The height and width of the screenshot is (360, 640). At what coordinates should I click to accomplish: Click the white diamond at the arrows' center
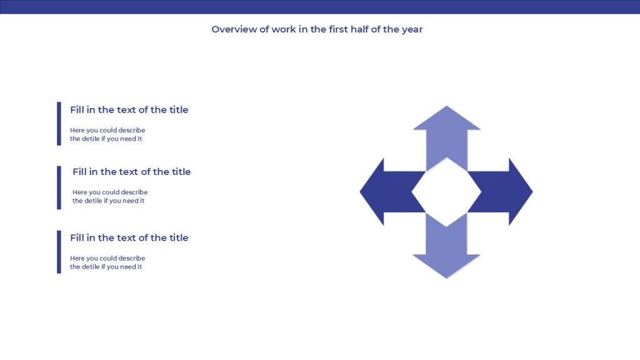pyautogui.click(x=446, y=192)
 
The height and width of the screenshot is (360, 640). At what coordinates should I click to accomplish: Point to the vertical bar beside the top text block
pyautogui.click(x=59, y=124)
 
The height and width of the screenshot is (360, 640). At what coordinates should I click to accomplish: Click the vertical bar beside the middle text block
pyautogui.click(x=59, y=187)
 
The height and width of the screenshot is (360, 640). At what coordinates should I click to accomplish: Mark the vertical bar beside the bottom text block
pyautogui.click(x=59, y=252)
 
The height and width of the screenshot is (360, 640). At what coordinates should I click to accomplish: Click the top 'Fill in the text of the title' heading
pyautogui.click(x=129, y=110)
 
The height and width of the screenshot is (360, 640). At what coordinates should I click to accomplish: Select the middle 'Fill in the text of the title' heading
pyautogui.click(x=131, y=172)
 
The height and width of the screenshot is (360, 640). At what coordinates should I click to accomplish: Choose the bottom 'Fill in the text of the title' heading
pyautogui.click(x=129, y=238)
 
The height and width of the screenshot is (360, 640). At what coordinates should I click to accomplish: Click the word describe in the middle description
pyautogui.click(x=134, y=192)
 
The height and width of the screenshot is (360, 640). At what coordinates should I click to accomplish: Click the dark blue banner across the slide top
pyautogui.click(x=320, y=7)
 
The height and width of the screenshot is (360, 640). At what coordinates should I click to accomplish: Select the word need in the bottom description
pyautogui.click(x=127, y=267)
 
